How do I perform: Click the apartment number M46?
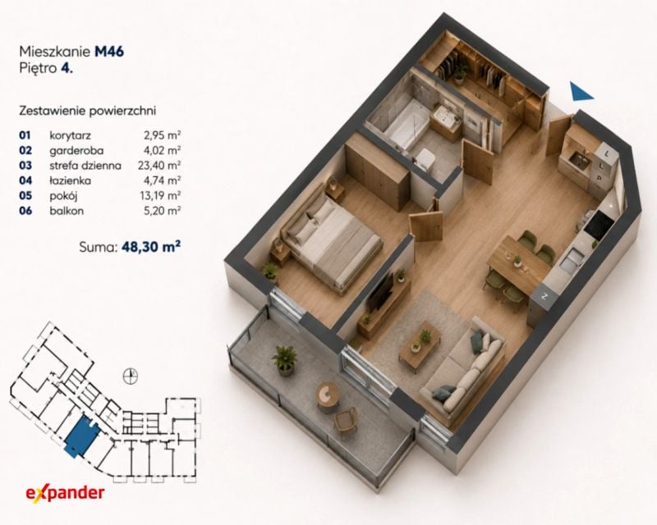(x=109, y=52)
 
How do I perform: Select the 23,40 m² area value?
(x=159, y=166)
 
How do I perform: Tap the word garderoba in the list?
(x=76, y=150)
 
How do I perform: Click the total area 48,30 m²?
(x=151, y=247)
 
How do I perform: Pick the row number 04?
(x=25, y=180)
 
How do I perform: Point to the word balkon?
(x=67, y=211)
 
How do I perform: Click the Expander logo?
(x=65, y=492)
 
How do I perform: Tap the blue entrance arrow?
(x=581, y=91)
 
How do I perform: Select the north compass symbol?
(x=131, y=377)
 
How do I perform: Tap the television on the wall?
(x=380, y=293)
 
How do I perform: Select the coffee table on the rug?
(x=420, y=347)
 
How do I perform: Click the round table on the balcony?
(x=328, y=395)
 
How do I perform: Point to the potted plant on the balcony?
(x=284, y=360)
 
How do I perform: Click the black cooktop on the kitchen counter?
(x=599, y=225)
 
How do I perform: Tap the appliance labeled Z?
(x=544, y=296)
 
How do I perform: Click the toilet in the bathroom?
(x=424, y=160)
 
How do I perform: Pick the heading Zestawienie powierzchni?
(x=88, y=111)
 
